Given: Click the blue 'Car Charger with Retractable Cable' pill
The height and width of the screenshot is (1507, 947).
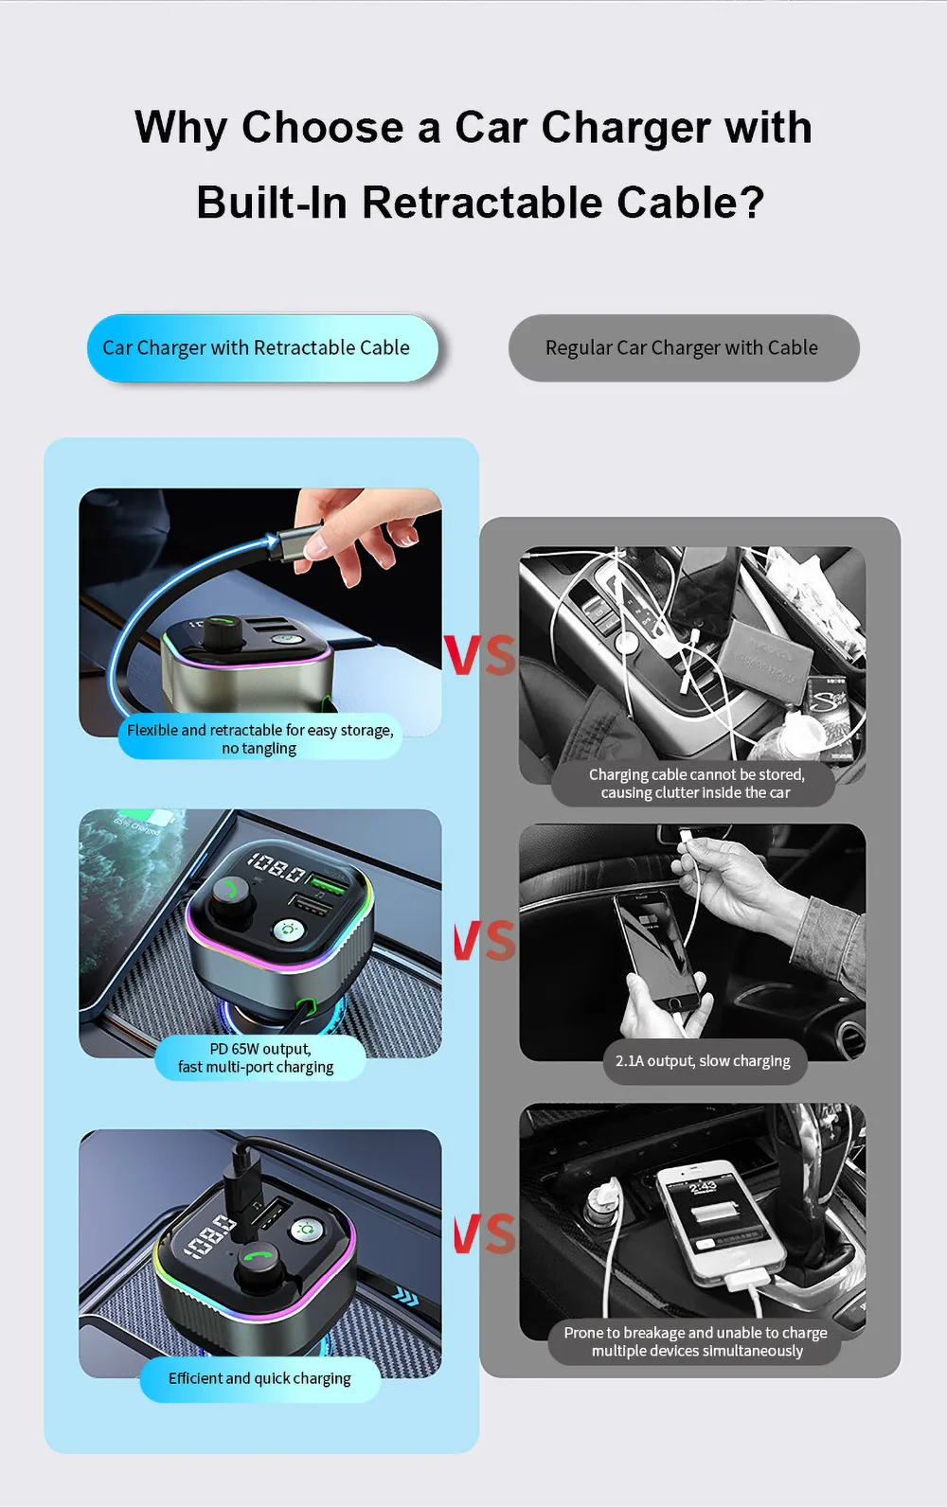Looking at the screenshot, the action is pos(262,347).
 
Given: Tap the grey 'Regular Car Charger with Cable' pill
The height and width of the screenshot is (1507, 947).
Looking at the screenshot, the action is pos(684,347).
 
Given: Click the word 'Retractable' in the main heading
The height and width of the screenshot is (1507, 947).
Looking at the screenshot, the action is pos(482,202).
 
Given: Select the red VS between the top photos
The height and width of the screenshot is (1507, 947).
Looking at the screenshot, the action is pos(480,655).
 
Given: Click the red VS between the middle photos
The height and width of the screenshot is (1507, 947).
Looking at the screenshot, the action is pos(485,940).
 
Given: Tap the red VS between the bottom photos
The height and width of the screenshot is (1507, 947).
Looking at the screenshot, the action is pos(485,1234).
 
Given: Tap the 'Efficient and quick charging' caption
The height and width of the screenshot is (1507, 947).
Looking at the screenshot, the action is pos(259,1378).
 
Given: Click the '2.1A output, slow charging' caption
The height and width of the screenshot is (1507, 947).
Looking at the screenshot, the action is pos(704,1061).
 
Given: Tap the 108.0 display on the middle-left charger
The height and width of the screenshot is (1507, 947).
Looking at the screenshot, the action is pos(277,867).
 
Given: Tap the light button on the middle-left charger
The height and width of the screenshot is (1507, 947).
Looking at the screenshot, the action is pos(288,931).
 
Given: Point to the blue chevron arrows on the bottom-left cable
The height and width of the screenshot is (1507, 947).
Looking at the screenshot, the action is pos(406,1295).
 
